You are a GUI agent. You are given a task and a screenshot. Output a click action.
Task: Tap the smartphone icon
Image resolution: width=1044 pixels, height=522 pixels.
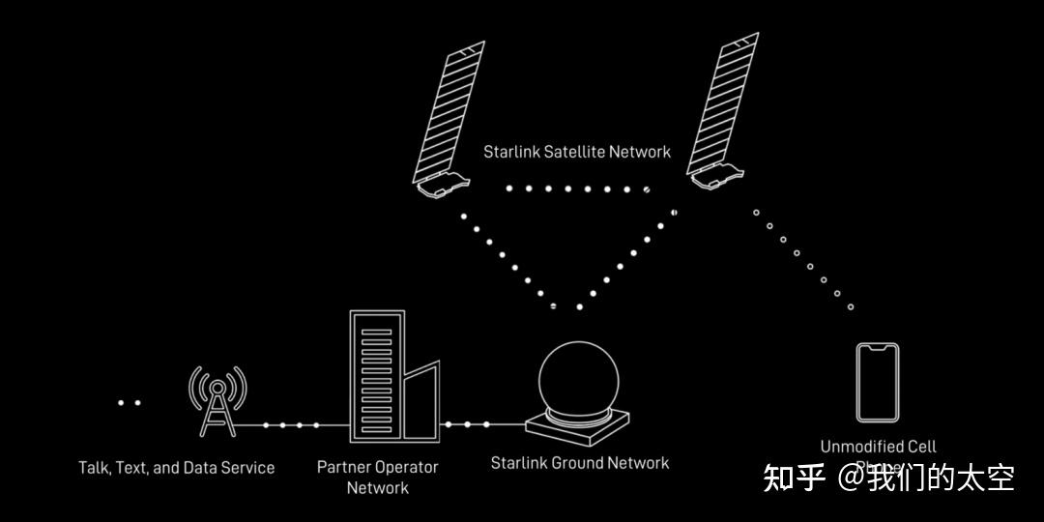click(878, 383)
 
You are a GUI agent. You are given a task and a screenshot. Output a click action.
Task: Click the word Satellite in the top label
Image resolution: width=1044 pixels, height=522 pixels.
click(579, 152)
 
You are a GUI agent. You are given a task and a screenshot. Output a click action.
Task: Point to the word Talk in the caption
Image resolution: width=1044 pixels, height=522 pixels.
click(94, 468)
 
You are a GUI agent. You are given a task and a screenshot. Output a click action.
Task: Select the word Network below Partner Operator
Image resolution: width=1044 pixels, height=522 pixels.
click(377, 488)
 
